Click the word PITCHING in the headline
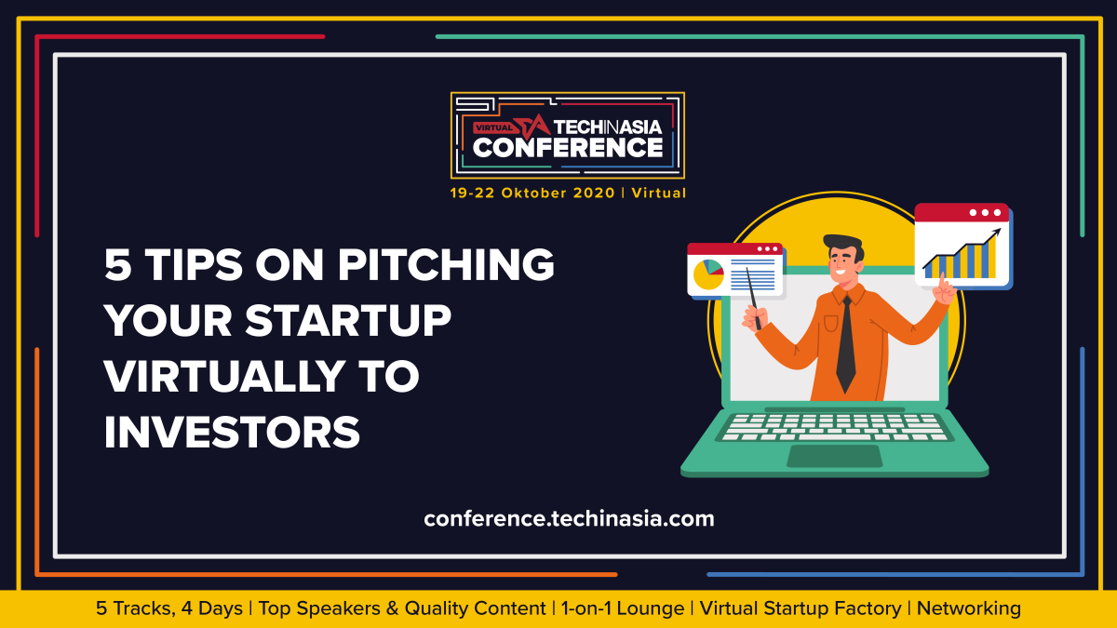446,264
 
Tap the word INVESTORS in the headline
232,432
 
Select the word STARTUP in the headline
348,320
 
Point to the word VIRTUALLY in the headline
224,376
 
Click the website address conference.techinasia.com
569,519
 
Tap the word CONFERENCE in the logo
568,148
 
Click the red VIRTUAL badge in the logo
493,127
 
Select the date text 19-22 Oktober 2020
532,193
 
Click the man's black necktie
846,344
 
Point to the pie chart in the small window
708,274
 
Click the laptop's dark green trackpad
835,456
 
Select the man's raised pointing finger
942,282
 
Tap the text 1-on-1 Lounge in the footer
623,608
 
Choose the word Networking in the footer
968,608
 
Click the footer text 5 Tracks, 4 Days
169,608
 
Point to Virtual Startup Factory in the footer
801,608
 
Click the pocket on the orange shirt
830,323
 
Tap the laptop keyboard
835,427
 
